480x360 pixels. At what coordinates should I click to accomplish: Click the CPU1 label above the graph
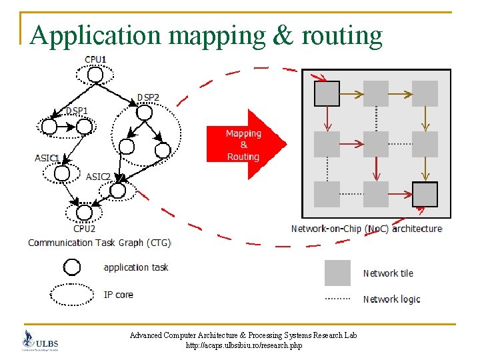point(95,59)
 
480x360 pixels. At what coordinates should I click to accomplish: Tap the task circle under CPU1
point(95,75)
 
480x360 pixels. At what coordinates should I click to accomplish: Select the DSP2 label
point(148,97)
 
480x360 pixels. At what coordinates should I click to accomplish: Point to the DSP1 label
point(76,110)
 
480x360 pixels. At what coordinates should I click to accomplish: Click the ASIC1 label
point(47,158)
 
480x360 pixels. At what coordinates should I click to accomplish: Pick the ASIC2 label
point(98,177)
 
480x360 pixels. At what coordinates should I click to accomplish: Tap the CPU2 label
point(84,228)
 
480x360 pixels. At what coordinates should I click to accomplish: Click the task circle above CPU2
point(83,212)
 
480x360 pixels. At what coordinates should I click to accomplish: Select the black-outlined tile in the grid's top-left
point(327,93)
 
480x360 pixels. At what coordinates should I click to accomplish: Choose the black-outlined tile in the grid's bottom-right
point(425,194)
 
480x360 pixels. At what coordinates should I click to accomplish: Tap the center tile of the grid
point(375,144)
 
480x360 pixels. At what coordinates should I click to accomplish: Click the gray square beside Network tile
point(337,273)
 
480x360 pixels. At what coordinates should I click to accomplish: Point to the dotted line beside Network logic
point(337,299)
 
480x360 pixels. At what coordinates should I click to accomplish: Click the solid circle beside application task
point(72,267)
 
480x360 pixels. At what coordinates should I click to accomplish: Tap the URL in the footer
point(243,346)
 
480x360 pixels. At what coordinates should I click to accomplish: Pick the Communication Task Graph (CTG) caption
point(99,243)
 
